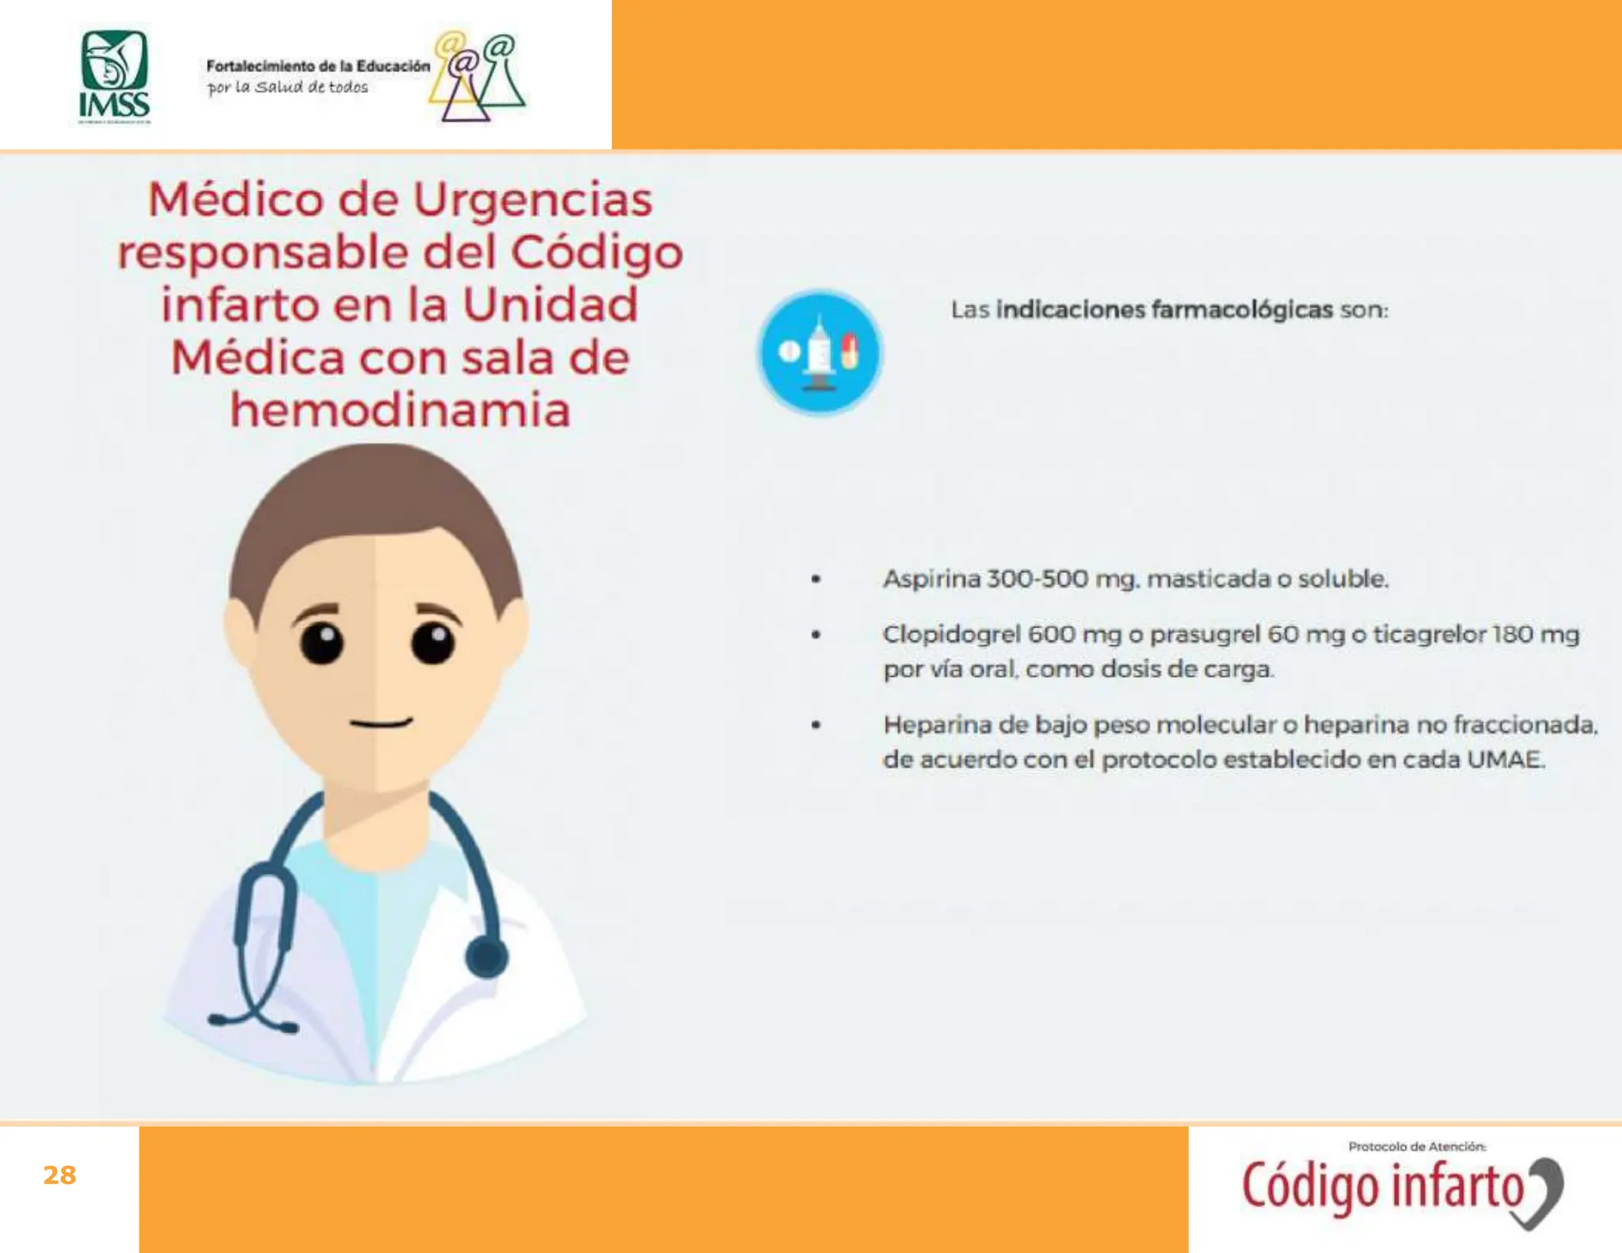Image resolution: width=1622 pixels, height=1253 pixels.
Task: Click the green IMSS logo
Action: (x=114, y=77)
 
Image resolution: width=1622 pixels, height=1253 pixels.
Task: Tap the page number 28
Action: (x=59, y=1175)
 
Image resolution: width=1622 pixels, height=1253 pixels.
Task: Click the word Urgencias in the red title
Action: (x=533, y=200)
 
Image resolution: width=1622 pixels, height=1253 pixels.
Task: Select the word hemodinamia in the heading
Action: (x=400, y=410)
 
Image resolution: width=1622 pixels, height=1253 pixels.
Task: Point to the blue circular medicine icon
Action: (x=820, y=352)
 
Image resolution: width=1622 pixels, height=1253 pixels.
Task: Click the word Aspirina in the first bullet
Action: (x=931, y=579)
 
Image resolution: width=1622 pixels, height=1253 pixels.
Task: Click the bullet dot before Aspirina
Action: (x=816, y=579)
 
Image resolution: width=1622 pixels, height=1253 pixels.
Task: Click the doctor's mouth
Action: (x=381, y=722)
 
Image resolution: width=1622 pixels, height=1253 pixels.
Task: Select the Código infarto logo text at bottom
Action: (x=1382, y=1186)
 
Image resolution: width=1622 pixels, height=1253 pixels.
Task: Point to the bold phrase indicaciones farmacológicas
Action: (x=1164, y=310)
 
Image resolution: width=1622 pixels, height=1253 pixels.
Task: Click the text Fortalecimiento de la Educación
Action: (x=318, y=67)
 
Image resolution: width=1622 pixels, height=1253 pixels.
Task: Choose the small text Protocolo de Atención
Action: (x=1417, y=1146)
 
